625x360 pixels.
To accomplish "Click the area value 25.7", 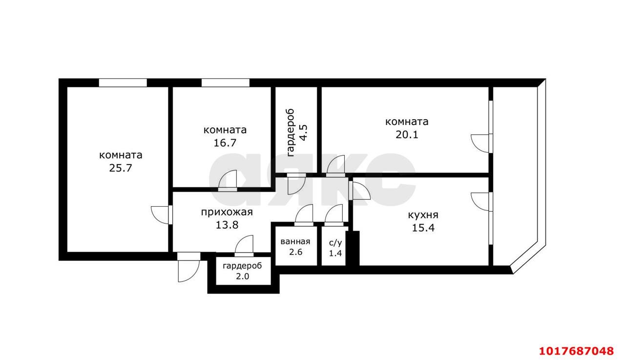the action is [120, 168].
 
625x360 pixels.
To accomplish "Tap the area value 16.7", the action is [225, 143].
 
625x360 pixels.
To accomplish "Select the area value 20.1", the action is [407, 135].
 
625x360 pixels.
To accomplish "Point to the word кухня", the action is [423, 215].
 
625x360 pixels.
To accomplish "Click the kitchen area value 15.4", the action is [423, 228].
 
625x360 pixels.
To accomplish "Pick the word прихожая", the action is [227, 212].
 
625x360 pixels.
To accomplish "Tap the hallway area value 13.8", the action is [227, 225].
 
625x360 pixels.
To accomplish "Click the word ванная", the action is [295, 241].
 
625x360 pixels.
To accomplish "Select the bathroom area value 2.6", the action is [296, 252].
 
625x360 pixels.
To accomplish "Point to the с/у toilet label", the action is [335, 243].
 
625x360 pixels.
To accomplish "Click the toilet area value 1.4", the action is [335, 253].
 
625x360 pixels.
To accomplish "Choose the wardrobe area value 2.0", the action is [243, 276].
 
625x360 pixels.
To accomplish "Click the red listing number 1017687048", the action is [576, 351].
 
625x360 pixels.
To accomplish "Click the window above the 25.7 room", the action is [123, 83].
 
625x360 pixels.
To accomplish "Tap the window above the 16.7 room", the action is [226, 83].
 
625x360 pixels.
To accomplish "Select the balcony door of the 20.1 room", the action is [481, 144].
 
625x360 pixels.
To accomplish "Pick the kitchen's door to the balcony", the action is [481, 202].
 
